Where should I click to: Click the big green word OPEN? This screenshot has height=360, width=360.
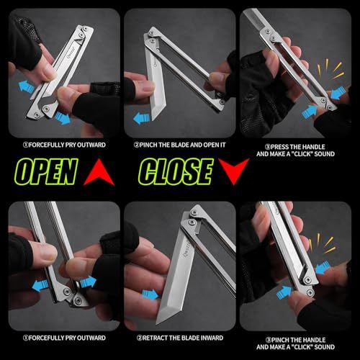click(x=45, y=171)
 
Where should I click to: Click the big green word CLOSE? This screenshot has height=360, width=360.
click(x=176, y=171)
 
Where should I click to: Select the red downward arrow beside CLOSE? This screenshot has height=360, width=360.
click(x=234, y=171)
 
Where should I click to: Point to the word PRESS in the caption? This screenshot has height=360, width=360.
click(x=280, y=147)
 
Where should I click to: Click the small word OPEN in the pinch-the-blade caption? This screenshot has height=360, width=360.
click(x=210, y=145)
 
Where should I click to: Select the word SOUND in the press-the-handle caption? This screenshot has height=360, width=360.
click(x=324, y=154)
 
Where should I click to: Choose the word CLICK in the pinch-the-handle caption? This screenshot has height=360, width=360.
click(x=304, y=347)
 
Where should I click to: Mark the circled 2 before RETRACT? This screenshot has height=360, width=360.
click(x=140, y=338)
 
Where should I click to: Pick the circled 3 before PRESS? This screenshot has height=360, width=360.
click(x=268, y=147)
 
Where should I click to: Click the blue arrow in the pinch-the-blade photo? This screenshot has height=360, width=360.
click(x=141, y=119)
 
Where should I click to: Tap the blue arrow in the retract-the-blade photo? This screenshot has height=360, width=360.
click(x=150, y=294)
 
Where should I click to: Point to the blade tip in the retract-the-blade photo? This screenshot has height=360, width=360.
click(x=157, y=325)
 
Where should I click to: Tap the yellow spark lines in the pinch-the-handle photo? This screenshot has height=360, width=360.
click(x=321, y=243)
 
